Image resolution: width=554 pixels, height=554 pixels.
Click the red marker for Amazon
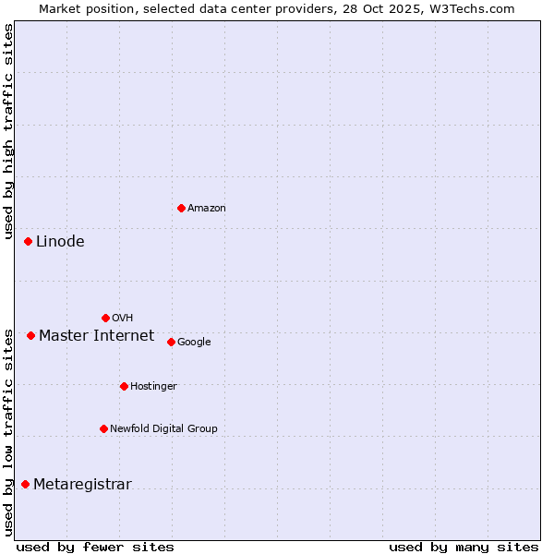pos(181,208)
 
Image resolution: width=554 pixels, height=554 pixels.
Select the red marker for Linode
pos(28,241)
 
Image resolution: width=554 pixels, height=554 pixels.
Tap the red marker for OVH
pos(105,318)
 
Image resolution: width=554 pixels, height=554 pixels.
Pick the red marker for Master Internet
pos(30,335)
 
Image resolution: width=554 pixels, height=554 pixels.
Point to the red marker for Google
pos(171,342)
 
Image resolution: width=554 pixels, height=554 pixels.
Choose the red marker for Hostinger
pos(124,386)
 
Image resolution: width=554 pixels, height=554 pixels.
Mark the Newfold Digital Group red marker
pos(103,428)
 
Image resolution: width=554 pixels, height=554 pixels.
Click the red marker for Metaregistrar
pos(25,484)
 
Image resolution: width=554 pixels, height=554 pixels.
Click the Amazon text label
pos(207,209)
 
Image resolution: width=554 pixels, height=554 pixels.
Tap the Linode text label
pos(60,242)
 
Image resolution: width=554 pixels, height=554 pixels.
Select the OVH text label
pos(123,319)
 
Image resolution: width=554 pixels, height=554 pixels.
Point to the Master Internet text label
pos(96,335)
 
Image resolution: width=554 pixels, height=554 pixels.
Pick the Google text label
pos(194,343)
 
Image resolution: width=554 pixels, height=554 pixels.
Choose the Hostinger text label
pos(153,387)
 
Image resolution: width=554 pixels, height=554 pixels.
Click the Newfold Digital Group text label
pos(163,429)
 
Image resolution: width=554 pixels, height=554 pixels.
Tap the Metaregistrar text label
pos(82,485)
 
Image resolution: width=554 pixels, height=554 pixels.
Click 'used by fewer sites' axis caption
pos(95,548)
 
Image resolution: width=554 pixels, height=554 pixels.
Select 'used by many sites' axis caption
pos(464,548)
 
